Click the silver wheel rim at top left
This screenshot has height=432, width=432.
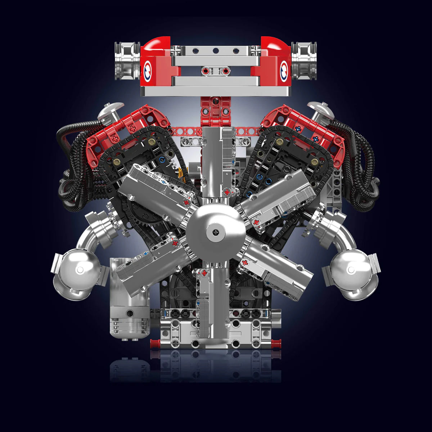click(127, 60)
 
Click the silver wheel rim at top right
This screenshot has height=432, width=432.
click(304, 60)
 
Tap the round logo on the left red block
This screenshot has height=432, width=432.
click(148, 68)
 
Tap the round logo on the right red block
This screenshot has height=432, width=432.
click(284, 68)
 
